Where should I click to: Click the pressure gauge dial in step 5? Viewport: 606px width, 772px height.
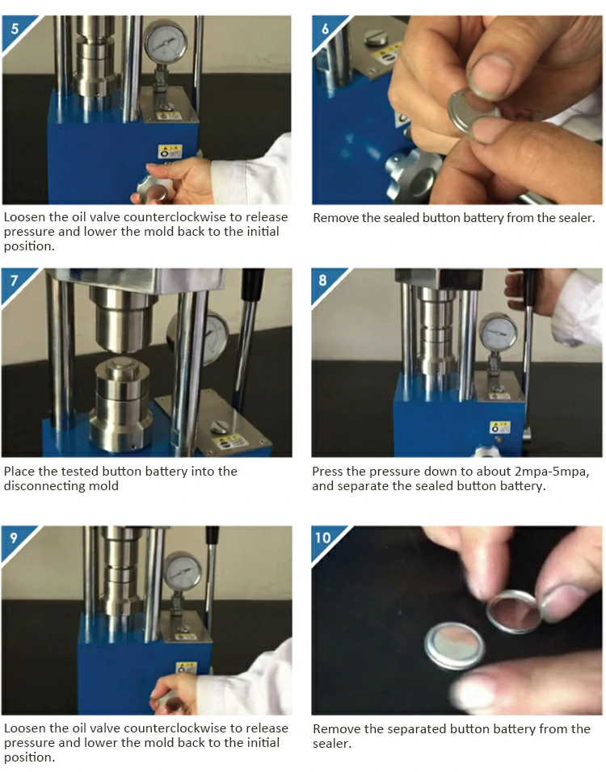[166, 41]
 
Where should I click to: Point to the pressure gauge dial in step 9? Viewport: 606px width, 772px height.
[183, 571]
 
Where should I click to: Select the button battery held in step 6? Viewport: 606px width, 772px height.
[472, 111]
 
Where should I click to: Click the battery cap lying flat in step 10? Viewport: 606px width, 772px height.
[455, 646]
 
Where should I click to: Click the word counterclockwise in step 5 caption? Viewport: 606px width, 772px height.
[174, 217]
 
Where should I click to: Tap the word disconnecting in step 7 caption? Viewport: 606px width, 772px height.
[61, 486]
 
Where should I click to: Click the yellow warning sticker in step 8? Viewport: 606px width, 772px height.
[500, 427]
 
